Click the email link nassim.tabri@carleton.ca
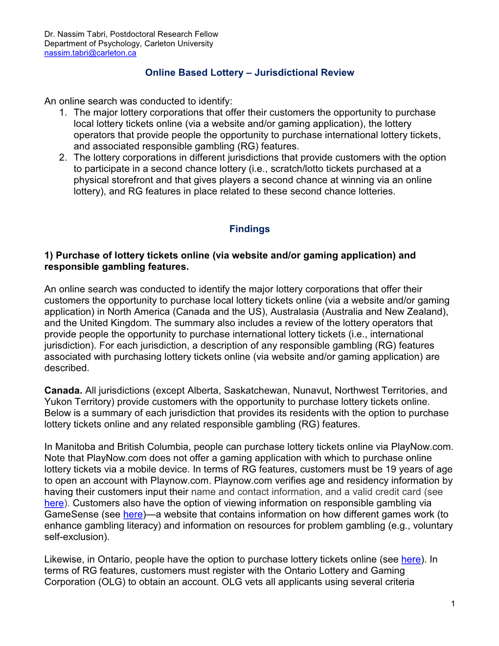(90, 53)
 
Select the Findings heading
(249, 229)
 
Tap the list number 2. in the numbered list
(63, 158)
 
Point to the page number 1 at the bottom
(453, 603)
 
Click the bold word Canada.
(63, 391)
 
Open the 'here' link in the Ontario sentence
(411, 559)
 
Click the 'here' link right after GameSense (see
(133, 514)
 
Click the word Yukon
(57, 402)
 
